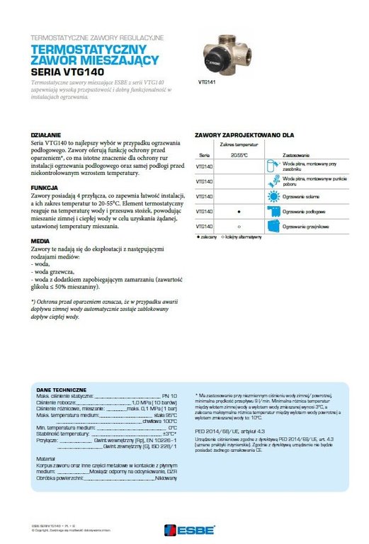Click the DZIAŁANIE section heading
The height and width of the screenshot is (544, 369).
(x=46, y=134)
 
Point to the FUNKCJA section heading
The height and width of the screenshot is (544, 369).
(x=45, y=187)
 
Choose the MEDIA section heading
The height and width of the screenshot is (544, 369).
(x=40, y=240)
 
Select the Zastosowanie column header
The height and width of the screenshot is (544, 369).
(x=295, y=154)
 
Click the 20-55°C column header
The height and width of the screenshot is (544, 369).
(x=239, y=154)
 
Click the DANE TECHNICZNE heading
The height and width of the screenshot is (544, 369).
(x=61, y=390)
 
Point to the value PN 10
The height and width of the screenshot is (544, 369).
(x=169, y=396)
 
